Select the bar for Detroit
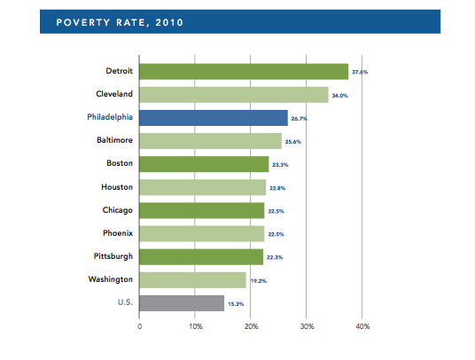point(244,72)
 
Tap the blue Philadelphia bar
point(214,118)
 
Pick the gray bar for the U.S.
point(182,303)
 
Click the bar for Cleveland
point(234,95)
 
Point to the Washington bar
point(192,280)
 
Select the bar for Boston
point(204,164)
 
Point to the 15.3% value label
point(236,304)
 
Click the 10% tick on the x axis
point(195,327)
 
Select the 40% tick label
point(362,327)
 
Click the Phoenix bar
point(202,233)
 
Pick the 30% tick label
point(306,327)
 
